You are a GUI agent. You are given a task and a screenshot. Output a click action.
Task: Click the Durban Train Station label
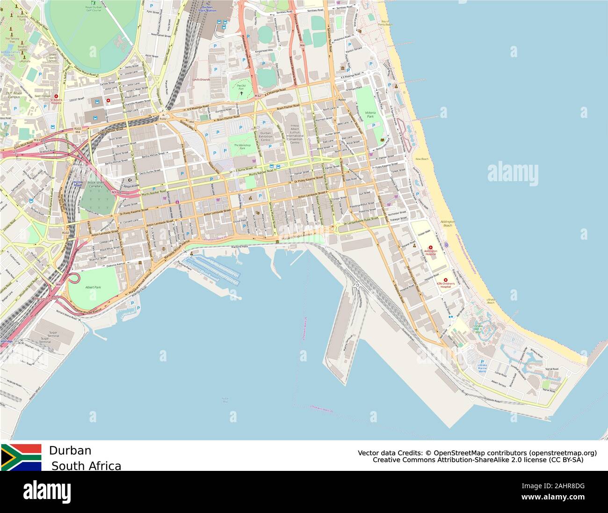209,8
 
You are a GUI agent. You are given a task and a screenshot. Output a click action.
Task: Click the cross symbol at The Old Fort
242,93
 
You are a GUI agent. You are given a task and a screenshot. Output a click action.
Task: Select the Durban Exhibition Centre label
266,136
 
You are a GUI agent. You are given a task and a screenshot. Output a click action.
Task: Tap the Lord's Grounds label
201,80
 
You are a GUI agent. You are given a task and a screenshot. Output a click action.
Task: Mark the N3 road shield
114,192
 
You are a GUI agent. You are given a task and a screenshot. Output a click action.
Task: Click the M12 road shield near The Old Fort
258,96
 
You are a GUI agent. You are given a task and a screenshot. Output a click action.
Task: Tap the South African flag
21,457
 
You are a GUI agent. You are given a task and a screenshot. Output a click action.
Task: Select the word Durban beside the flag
70,451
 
